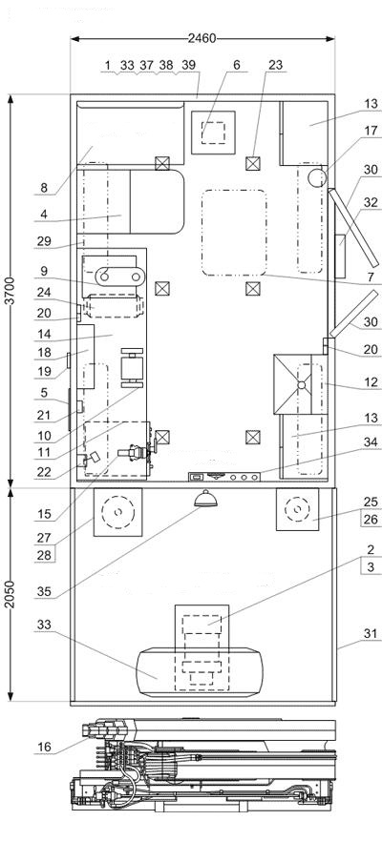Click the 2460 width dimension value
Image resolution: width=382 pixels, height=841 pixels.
[x=202, y=38]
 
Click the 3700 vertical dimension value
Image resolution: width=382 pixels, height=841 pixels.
[x=11, y=291]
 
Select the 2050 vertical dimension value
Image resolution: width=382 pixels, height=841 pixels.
[x=11, y=594]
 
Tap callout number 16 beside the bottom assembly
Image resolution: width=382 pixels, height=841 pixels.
[x=45, y=746]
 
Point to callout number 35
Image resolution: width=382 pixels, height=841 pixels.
[x=45, y=591]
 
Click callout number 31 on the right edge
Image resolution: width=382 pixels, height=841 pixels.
[x=371, y=634]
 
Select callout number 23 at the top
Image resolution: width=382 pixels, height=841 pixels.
[x=275, y=65]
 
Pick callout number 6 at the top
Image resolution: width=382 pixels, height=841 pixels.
[x=237, y=65]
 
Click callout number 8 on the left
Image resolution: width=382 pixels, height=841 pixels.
[x=45, y=188]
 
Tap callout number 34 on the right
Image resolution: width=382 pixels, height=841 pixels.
[x=371, y=442]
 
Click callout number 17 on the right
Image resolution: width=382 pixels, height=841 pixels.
[x=371, y=131]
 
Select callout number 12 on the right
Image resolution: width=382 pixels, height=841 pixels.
[x=371, y=382]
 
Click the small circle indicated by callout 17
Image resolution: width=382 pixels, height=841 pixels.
[x=316, y=177]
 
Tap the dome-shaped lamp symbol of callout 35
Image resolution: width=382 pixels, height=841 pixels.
[x=205, y=499]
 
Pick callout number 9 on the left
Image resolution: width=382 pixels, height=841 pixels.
[x=45, y=272]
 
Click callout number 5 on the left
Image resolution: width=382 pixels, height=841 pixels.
[x=45, y=393]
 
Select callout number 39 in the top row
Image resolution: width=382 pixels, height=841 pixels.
[x=188, y=65]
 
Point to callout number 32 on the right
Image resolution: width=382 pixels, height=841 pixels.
[x=371, y=202]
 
